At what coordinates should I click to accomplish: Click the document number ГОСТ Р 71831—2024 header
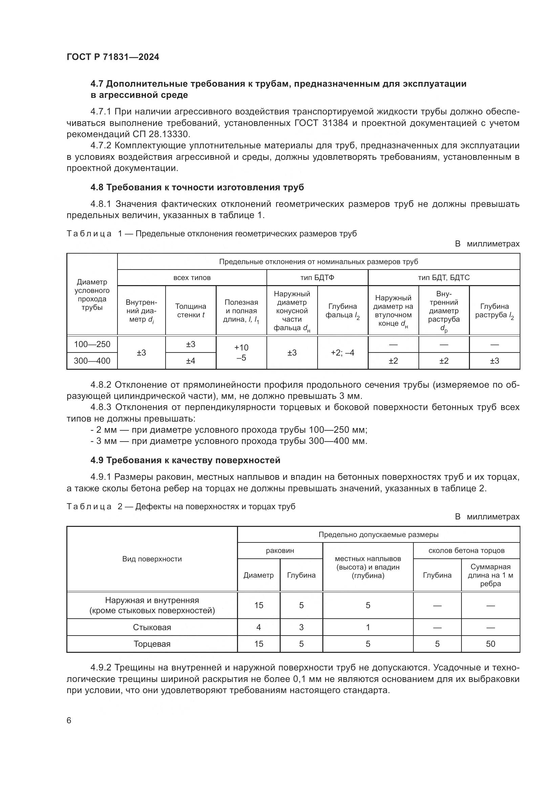(x=113, y=57)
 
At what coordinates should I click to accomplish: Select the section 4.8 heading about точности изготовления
(x=197, y=187)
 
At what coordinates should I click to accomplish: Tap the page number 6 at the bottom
(x=69, y=721)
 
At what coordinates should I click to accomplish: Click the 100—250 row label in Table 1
(x=92, y=344)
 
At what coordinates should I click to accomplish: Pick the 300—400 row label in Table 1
(x=92, y=361)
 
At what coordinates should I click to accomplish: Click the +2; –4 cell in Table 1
(x=342, y=352)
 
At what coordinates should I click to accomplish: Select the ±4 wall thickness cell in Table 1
(x=191, y=361)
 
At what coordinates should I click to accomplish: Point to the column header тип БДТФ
(x=317, y=278)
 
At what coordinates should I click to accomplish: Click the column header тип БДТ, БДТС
(x=444, y=278)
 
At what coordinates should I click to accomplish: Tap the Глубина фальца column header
(x=342, y=311)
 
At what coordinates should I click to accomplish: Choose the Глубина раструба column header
(x=494, y=311)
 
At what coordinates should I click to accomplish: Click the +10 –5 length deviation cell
(x=241, y=352)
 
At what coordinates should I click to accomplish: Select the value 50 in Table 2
(x=490, y=644)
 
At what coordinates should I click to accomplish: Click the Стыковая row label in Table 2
(x=152, y=627)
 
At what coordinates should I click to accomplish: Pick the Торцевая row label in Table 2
(x=152, y=644)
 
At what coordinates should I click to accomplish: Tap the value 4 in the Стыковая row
(x=259, y=627)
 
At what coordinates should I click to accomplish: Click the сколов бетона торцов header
(x=467, y=551)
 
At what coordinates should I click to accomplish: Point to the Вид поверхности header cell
(x=152, y=559)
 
